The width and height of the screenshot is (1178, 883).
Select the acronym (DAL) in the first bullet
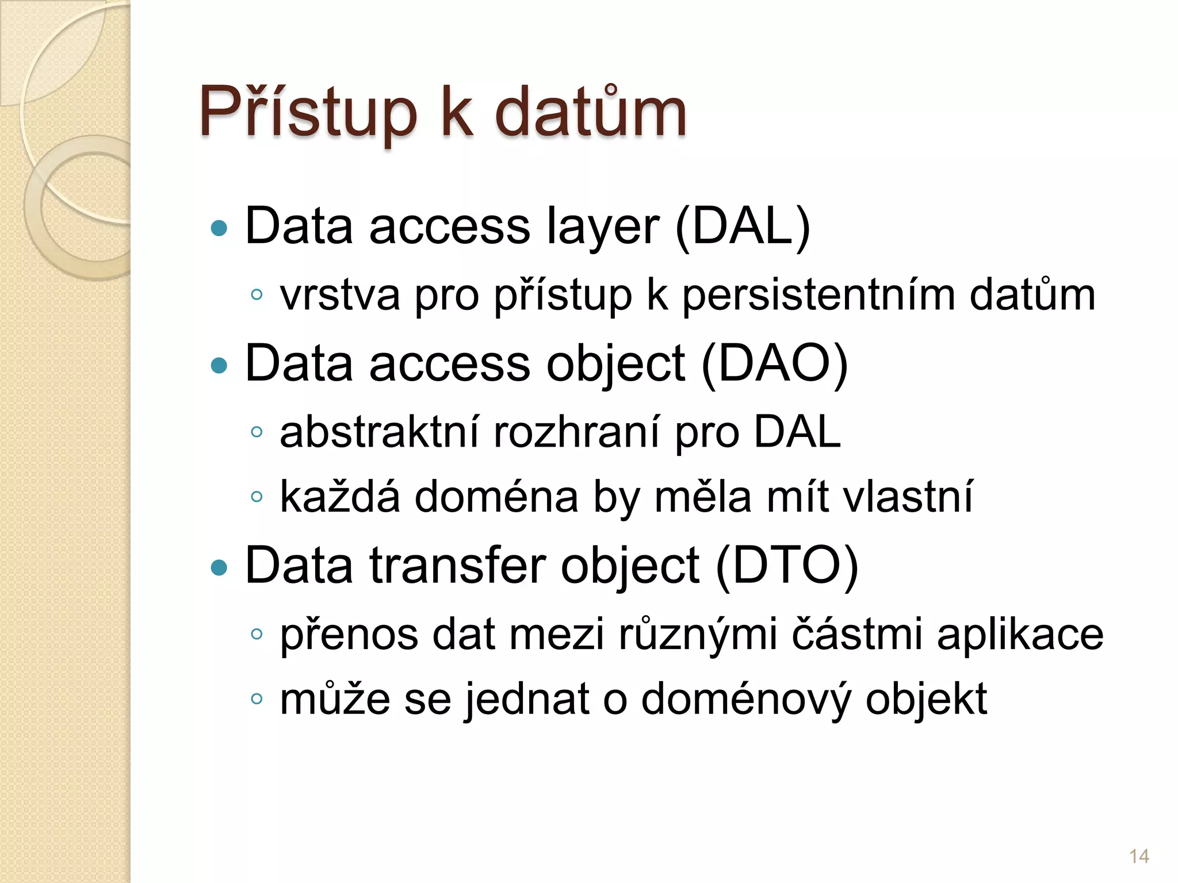tap(743, 227)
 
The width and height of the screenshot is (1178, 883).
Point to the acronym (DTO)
tap(787, 566)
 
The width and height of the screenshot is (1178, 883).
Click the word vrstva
tap(339, 296)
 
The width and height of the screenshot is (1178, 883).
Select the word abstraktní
tap(379, 432)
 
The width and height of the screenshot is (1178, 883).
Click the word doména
tap(496, 497)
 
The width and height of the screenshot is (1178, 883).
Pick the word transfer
tap(457, 566)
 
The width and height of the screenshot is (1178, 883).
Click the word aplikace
tap(1020, 636)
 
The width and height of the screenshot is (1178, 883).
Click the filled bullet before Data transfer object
tap(219, 568)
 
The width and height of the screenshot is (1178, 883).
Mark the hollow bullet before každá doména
tap(257, 496)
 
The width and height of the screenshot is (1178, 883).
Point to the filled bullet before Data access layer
tap(219, 229)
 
